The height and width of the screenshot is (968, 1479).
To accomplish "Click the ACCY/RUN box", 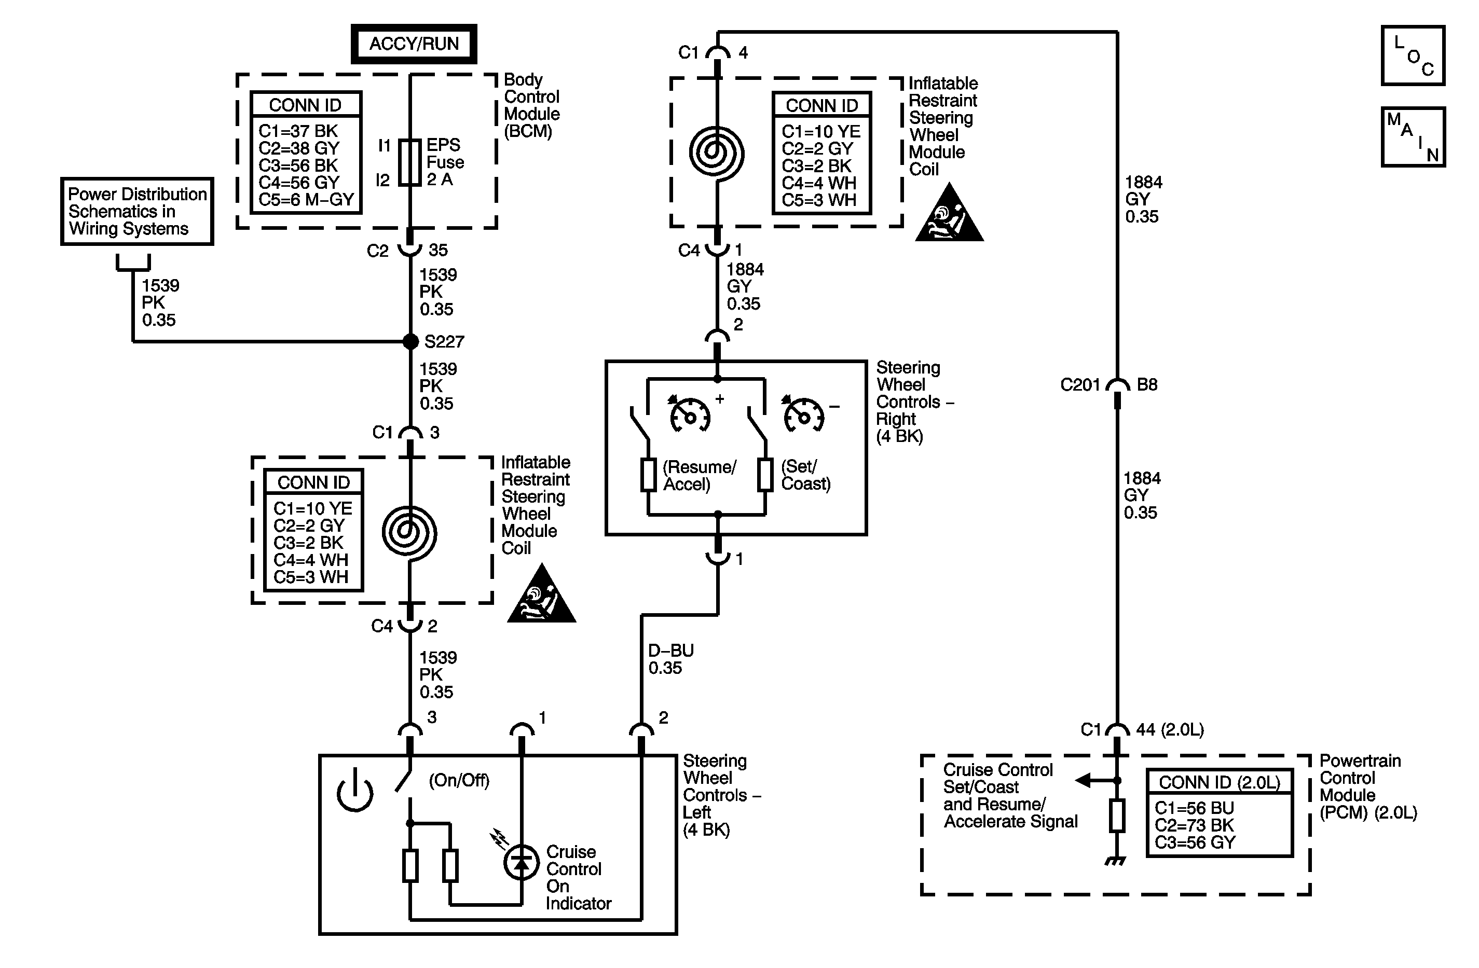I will [x=414, y=44].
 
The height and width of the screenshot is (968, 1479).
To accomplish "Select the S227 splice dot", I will [x=410, y=341].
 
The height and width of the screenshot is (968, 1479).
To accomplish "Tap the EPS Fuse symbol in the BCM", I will [x=409, y=163].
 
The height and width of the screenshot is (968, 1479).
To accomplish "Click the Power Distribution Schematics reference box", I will [x=136, y=211].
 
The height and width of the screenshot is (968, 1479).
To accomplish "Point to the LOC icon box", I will [x=1413, y=56].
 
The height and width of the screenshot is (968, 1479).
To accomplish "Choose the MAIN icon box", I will [x=1413, y=136].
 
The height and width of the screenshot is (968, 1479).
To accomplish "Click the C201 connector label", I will [x=1079, y=385].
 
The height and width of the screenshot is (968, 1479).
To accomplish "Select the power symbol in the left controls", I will [x=355, y=792].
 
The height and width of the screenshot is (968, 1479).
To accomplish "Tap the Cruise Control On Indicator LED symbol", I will [x=521, y=862].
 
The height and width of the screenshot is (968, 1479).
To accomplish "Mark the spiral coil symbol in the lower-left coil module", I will [x=409, y=532].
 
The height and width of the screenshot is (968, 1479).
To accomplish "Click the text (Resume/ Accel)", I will [x=699, y=476].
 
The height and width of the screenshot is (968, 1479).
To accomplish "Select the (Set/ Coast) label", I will [x=805, y=475].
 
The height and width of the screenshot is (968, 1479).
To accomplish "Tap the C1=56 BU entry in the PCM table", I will [x=1194, y=808].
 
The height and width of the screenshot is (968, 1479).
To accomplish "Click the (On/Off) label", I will [x=459, y=780].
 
